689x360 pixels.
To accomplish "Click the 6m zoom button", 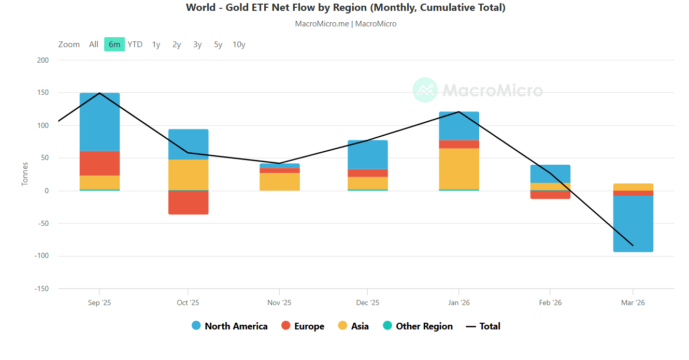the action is [114, 44].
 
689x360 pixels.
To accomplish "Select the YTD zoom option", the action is [135, 45].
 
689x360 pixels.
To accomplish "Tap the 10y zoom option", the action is [239, 45].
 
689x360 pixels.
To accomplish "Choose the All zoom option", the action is [93, 45].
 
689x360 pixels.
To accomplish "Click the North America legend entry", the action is [229, 326].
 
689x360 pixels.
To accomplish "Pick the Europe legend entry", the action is [303, 326].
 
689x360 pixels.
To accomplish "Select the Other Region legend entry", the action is [418, 326].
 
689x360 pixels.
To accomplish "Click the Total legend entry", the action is [483, 326].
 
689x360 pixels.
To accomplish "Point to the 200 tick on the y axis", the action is [43, 60].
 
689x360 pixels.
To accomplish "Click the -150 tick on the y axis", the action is [41, 289].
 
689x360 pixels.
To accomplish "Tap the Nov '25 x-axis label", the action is [279, 303].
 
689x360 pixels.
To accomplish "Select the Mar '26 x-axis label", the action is [633, 303].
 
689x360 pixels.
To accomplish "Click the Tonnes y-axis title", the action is [25, 174].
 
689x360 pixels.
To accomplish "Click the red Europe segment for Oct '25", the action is [188, 203].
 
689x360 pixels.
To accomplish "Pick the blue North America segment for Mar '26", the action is [633, 224].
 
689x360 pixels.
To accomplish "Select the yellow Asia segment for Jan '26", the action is [459, 169].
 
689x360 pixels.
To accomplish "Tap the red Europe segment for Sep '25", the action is [99, 163].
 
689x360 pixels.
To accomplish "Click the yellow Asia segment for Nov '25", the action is [280, 182].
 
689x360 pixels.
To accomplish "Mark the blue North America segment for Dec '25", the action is [368, 155].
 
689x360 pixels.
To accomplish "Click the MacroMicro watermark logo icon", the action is [425, 90].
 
